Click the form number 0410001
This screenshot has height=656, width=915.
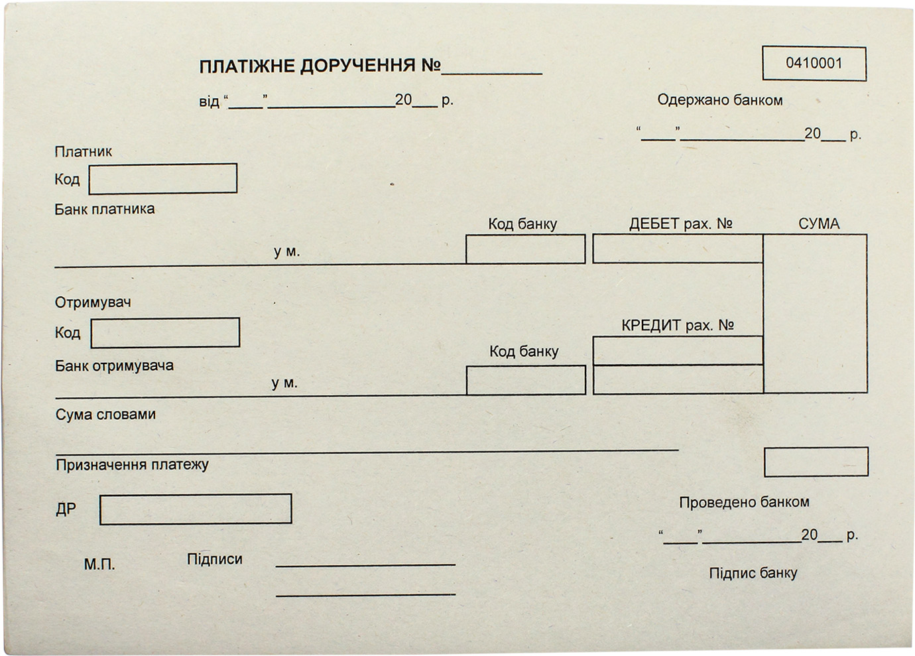click(x=814, y=64)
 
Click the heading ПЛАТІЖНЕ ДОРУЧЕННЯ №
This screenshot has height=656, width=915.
click(x=320, y=66)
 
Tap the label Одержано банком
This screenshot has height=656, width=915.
click(x=720, y=100)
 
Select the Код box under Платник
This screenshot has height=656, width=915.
click(x=163, y=178)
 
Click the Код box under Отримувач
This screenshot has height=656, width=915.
click(x=165, y=333)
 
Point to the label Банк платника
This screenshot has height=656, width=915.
click(x=105, y=209)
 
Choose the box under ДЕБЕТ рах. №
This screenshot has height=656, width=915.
click(x=678, y=249)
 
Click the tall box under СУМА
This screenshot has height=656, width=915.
click(x=816, y=314)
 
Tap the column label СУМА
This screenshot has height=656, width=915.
click(x=819, y=224)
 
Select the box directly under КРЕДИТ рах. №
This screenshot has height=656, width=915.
click(x=678, y=350)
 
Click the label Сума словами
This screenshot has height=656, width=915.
click(x=105, y=415)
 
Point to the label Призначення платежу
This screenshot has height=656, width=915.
click(x=133, y=465)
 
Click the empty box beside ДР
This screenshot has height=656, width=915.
click(x=196, y=509)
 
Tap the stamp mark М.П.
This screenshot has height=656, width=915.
click(x=99, y=565)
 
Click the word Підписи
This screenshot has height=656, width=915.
click(x=214, y=559)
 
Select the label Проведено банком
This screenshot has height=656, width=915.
click(x=744, y=502)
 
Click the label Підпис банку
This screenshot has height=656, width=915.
click(x=753, y=573)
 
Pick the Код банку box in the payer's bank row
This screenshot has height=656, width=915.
click(x=526, y=249)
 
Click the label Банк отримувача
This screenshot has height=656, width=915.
click(x=114, y=365)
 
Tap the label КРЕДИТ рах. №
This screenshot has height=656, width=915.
click(x=678, y=325)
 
